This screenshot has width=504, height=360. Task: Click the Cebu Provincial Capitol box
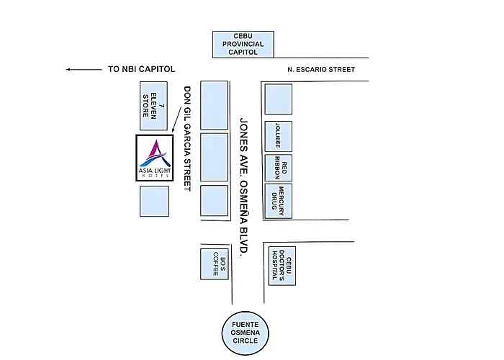243,45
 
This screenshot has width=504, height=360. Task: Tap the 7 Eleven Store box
153,106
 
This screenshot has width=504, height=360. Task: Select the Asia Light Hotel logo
155,158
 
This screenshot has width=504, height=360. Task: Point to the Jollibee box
279,136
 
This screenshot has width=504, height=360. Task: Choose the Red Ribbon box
279,168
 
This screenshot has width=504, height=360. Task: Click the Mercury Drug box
279,201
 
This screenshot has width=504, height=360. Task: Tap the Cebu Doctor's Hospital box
282,266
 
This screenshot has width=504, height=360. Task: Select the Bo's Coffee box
215,264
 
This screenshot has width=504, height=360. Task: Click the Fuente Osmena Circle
246,333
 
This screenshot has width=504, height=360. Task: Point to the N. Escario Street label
321,69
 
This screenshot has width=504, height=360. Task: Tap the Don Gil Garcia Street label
187,138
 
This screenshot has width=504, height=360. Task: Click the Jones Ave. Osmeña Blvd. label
244,187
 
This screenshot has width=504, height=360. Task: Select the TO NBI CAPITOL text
141,69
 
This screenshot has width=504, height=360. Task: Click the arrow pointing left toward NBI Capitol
84,69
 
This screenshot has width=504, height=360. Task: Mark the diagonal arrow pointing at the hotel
177,120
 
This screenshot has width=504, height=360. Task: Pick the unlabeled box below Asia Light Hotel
154,201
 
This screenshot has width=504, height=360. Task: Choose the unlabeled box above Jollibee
279,99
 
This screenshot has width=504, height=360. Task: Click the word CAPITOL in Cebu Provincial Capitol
243,52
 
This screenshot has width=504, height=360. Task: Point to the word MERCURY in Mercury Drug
282,201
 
